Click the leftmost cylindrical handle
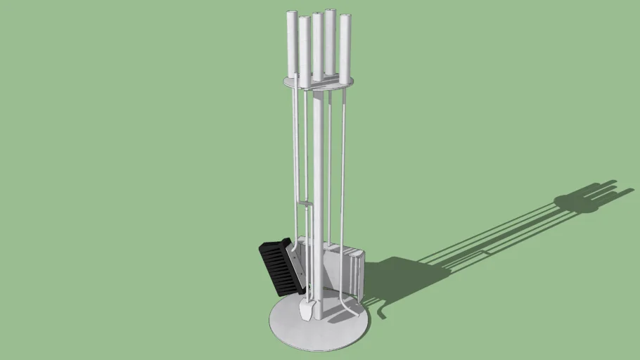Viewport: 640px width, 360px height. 292,42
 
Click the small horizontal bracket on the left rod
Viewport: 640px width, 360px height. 304,204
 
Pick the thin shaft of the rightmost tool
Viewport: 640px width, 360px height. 344,176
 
